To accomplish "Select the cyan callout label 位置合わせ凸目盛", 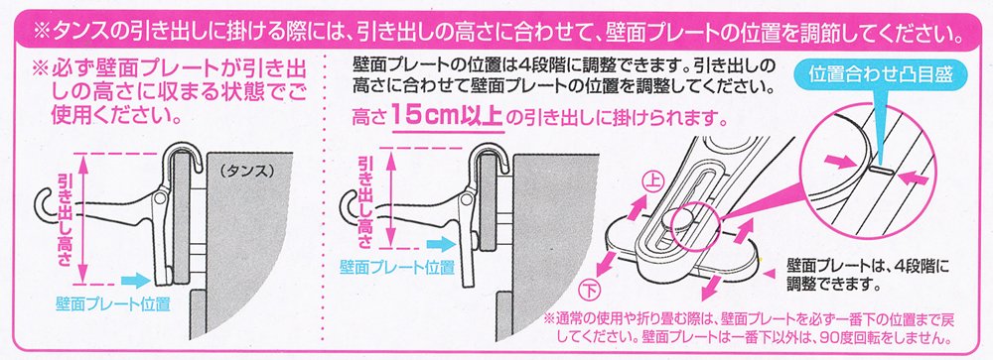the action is tap(881, 74).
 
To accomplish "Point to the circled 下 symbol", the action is tap(588, 293).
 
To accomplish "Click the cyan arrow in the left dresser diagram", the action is tap(135, 279).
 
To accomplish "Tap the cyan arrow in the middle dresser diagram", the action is tap(442, 244).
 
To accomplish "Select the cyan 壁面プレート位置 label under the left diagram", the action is tap(114, 304).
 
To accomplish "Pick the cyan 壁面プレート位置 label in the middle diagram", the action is tap(397, 267).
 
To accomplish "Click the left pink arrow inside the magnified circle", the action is tap(842, 163).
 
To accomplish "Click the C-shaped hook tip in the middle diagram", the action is tap(348, 204).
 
